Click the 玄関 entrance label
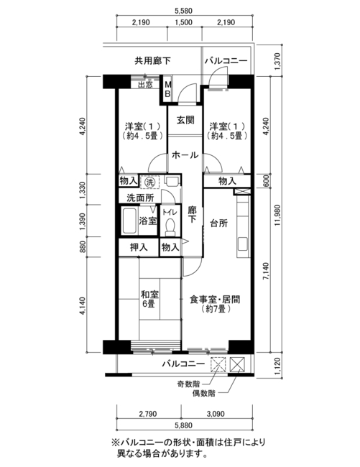[x=185, y=120]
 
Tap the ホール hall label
[x=185, y=155]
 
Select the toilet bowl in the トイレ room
[x=170, y=227]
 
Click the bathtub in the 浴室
[x=129, y=221]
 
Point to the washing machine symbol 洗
[x=149, y=182]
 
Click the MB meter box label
[x=167, y=89]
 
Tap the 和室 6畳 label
[x=149, y=299]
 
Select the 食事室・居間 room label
[x=215, y=300]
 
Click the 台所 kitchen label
[x=219, y=223]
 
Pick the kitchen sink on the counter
[x=243, y=244]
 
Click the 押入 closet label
[x=139, y=247]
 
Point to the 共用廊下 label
[x=153, y=61]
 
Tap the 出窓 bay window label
[x=145, y=85]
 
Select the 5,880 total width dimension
[x=185, y=425]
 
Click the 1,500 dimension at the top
[x=184, y=22]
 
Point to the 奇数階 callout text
[x=188, y=384]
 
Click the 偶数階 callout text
[x=203, y=394]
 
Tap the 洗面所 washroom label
[x=141, y=198]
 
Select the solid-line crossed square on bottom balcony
[x=237, y=364]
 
